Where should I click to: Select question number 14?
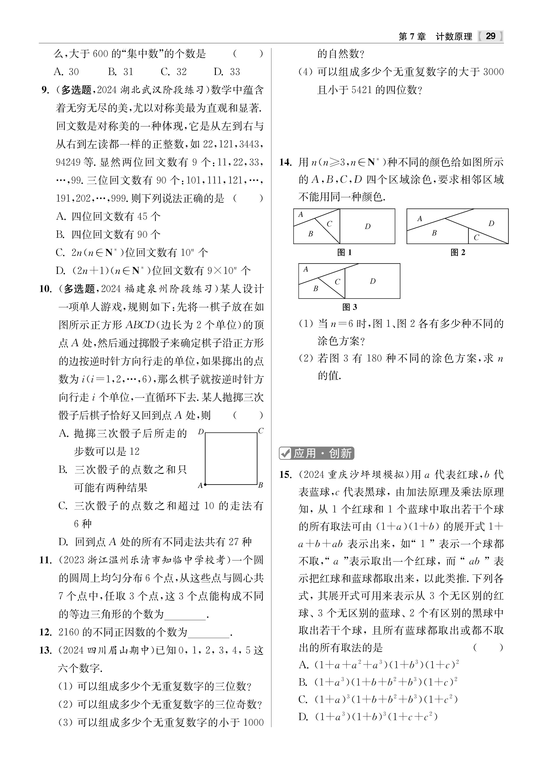[x=285, y=162]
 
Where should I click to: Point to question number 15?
[x=285, y=475]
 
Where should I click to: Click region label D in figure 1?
[x=367, y=226]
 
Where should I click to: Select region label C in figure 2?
[x=476, y=237]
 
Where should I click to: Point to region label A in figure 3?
[x=306, y=269]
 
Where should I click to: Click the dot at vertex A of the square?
[x=205, y=484]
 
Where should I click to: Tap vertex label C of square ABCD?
[x=261, y=431]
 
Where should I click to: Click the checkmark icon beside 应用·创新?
[x=285, y=453]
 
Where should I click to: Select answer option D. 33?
[x=227, y=72]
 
